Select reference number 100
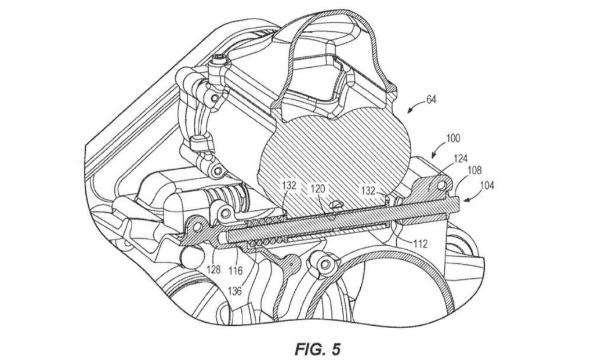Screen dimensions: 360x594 [453, 139]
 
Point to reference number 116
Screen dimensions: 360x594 [236, 270]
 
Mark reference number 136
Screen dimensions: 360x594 [234, 292]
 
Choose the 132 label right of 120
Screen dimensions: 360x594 [368, 190]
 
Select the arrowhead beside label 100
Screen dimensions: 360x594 [433, 155]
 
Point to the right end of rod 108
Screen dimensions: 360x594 [458, 201]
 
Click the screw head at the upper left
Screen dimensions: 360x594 [219, 59]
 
